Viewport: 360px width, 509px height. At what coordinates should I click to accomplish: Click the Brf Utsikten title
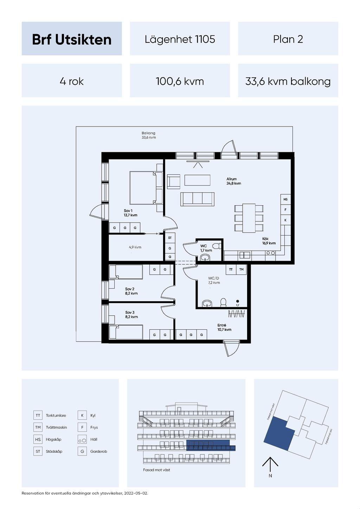click(x=72, y=39)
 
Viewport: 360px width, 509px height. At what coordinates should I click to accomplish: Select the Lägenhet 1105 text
click(x=180, y=39)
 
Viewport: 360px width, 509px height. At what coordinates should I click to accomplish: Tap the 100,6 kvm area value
click(x=180, y=81)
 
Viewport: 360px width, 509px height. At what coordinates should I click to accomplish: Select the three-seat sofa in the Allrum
click(x=197, y=199)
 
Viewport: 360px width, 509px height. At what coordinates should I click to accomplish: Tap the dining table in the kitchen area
click(x=249, y=218)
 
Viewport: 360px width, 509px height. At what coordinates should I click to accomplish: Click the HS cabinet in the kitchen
click(x=285, y=199)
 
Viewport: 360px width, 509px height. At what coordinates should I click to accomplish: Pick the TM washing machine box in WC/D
click(x=242, y=270)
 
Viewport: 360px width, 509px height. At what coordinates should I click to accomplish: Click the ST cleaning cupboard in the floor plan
click(x=170, y=238)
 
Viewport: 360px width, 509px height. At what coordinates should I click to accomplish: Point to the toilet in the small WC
click(x=216, y=246)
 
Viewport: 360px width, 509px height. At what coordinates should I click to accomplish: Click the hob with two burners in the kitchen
click(x=270, y=253)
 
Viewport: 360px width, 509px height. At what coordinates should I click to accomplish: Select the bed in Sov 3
click(x=126, y=332)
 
